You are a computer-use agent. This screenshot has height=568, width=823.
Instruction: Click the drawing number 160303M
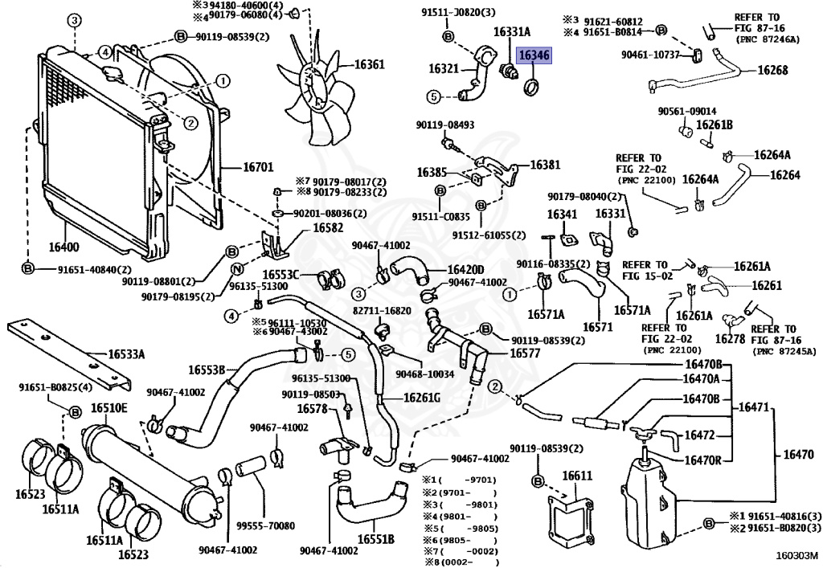click(796, 554)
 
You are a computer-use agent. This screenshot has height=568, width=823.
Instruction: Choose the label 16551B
click(375, 539)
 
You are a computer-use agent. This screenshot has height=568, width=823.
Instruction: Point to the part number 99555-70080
click(265, 525)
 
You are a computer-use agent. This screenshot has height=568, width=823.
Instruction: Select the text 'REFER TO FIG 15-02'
click(645, 270)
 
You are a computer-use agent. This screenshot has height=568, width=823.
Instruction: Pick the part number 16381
click(545, 165)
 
